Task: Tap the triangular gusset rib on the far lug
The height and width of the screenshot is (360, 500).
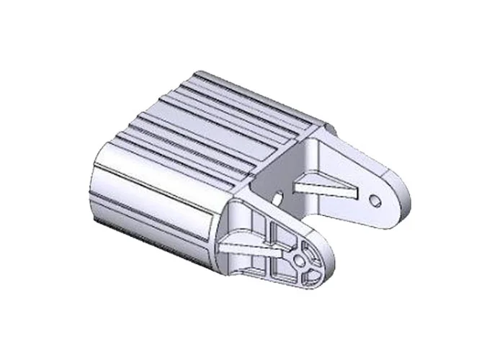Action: [327, 186]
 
